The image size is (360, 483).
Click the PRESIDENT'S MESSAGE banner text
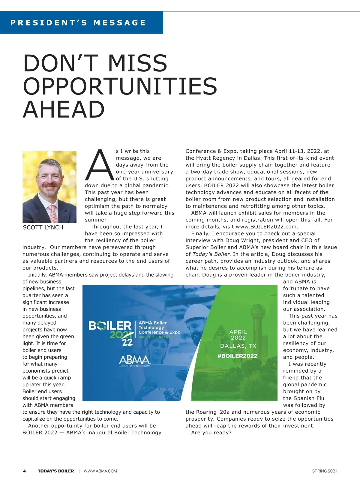point(78,23)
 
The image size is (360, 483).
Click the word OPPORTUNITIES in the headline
point(120,86)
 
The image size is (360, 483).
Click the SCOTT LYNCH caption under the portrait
point(43,227)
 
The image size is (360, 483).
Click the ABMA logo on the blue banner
point(134,360)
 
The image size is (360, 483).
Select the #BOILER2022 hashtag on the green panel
point(238,356)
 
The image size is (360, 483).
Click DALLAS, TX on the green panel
point(238,346)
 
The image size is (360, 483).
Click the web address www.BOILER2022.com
point(266,227)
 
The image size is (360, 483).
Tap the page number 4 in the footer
point(24,471)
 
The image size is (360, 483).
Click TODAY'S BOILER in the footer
point(56,471)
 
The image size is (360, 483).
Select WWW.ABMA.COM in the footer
point(100,471)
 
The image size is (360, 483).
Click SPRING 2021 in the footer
point(324,471)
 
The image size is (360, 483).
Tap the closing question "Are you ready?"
point(211,433)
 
